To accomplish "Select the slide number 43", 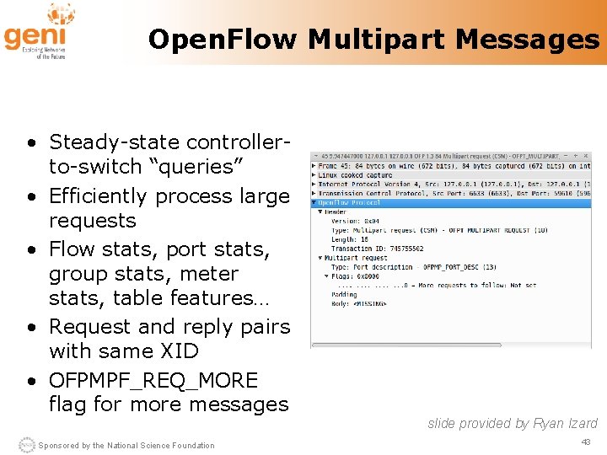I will coord(586,442).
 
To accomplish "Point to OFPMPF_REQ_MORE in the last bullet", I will coord(153,380).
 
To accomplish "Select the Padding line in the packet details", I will coord(346,294).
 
